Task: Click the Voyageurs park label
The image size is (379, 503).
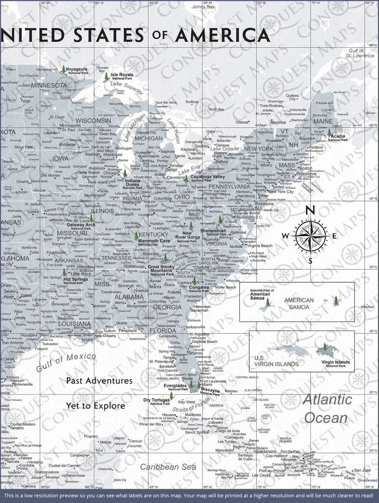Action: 81,70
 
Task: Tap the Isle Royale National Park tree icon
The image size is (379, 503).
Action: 107,77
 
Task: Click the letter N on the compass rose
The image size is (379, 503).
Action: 310,210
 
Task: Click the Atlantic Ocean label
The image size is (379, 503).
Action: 327,409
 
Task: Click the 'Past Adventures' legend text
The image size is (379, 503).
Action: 99,380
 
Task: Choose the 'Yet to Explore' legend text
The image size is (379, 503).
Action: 96,406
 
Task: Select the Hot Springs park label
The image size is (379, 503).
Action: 76,281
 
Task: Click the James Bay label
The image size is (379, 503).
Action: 204,7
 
